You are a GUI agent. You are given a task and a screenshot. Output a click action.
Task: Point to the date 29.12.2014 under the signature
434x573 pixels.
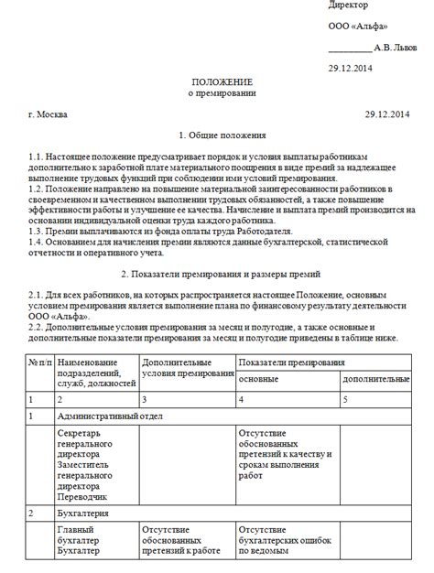(351, 69)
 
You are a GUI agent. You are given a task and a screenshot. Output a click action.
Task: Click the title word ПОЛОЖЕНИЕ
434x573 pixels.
(216, 82)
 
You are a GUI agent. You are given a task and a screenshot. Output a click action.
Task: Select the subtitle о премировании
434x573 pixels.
(216, 93)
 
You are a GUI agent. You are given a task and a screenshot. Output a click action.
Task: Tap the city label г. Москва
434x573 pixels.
(48, 114)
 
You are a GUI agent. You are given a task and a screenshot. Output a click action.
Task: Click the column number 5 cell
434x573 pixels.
(346, 399)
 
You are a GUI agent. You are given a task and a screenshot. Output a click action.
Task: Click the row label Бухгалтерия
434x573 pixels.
(84, 514)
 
